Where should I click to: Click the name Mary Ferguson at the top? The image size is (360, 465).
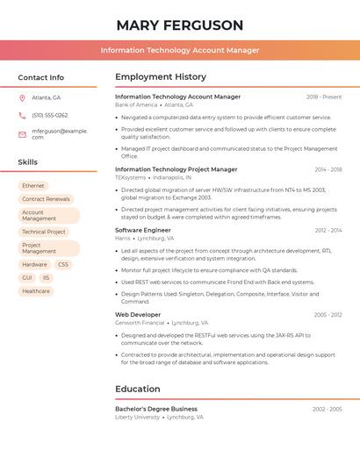180,25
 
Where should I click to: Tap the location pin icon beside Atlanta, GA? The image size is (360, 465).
22,97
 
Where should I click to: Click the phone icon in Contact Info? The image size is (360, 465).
22,115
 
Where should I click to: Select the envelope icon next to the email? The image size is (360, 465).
22,133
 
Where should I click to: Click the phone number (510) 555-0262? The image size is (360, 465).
49,115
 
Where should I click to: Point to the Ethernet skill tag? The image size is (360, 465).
33,186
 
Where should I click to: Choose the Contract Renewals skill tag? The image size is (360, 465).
46,199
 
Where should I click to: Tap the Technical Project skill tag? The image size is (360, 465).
44,232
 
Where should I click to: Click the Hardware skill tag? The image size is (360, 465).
35,264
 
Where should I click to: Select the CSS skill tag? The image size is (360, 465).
63,264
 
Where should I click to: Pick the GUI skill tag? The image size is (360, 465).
27,277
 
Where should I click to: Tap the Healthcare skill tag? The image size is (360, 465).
36,290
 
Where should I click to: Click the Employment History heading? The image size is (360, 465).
161,77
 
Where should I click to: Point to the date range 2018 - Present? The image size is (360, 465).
324,97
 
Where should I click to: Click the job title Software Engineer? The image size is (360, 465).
143,230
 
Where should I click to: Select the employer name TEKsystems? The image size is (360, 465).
131,177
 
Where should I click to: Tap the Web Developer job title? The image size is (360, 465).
138,314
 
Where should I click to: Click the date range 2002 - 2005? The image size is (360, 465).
328,409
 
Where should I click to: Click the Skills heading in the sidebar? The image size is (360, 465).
28,162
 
